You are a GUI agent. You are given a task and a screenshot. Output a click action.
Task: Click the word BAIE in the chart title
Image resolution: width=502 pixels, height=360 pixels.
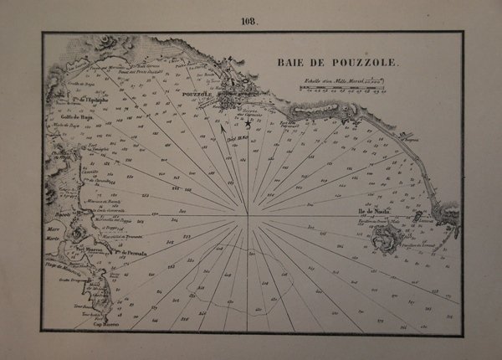(290, 62)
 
